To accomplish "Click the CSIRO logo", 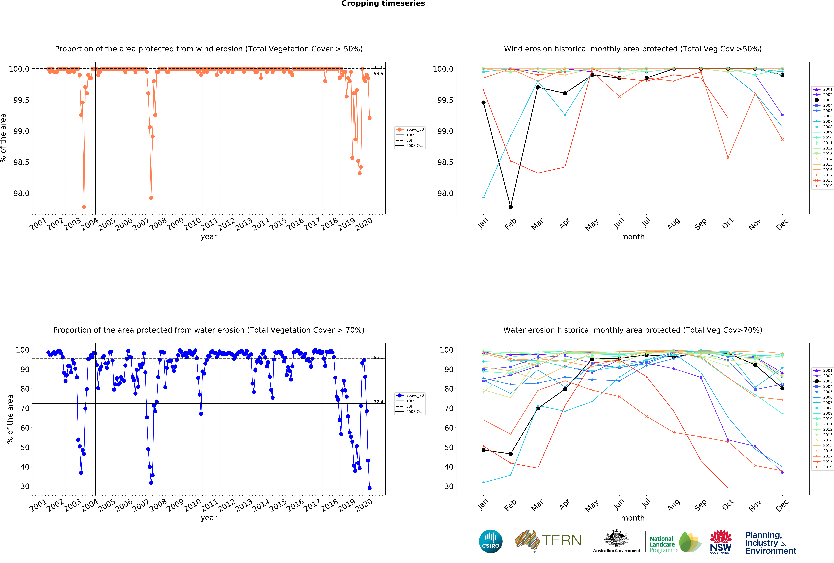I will coord(491,541).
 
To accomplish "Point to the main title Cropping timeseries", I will coord(383,4).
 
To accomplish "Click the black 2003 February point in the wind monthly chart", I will coord(511,207).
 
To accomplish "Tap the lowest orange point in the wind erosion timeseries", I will coord(84,207).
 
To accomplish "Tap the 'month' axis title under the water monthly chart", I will coord(633,518).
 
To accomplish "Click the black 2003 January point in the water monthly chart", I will coord(483,450).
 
